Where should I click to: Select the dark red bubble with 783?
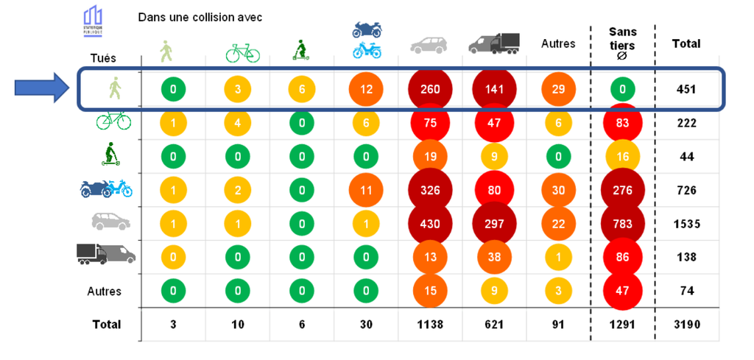point(623,223)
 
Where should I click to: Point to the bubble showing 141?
point(493,90)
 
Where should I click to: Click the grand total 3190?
point(686,324)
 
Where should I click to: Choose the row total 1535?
point(686,223)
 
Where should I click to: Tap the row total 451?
point(686,90)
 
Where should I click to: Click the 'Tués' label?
point(102,57)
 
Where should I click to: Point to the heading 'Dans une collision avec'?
point(200,17)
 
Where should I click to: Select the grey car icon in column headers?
point(429,46)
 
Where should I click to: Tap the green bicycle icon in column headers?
point(242,52)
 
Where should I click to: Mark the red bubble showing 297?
point(493,223)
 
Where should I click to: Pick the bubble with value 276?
point(623,190)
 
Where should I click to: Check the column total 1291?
point(623,324)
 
